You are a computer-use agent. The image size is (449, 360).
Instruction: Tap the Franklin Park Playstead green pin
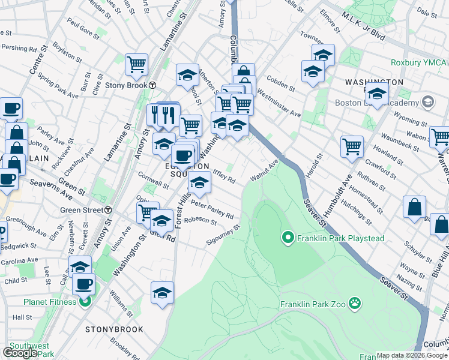tap(288, 238)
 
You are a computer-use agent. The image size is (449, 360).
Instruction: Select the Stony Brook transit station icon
tap(153, 85)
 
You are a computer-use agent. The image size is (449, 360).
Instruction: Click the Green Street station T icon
tap(108, 210)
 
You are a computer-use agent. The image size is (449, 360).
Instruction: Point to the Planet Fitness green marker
tap(84, 301)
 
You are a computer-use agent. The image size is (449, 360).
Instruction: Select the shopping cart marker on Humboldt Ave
tap(352, 146)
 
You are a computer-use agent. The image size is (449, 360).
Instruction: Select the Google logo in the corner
tap(20, 353)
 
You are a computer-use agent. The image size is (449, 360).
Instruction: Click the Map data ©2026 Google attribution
tap(412, 355)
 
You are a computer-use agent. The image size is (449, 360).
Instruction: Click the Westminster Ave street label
tap(278, 103)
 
